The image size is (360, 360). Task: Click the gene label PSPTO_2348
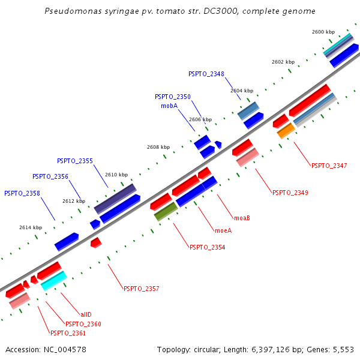click(x=206, y=74)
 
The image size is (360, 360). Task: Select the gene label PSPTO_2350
click(x=172, y=97)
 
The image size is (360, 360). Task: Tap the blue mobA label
click(x=169, y=106)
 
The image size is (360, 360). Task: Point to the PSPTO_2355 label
click(x=75, y=161)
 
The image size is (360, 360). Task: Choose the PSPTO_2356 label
click(x=50, y=176)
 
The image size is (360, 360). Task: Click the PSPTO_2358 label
click(x=22, y=193)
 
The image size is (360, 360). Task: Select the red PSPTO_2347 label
click(x=329, y=165)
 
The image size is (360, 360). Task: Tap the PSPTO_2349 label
click(x=290, y=193)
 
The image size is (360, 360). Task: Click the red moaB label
click(x=242, y=218)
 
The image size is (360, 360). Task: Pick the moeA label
click(x=223, y=230)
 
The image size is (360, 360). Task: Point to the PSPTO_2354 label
click(x=207, y=247)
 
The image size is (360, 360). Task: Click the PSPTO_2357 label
click(x=141, y=289)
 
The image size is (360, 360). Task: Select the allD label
click(x=86, y=314)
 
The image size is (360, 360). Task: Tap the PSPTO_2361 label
click(x=68, y=333)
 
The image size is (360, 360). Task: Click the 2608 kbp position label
click(x=158, y=147)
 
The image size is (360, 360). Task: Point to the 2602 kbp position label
click(x=283, y=62)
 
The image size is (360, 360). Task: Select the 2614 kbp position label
click(x=31, y=227)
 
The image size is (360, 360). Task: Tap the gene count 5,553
click(x=343, y=349)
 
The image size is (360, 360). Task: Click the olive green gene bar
click(x=166, y=211)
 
